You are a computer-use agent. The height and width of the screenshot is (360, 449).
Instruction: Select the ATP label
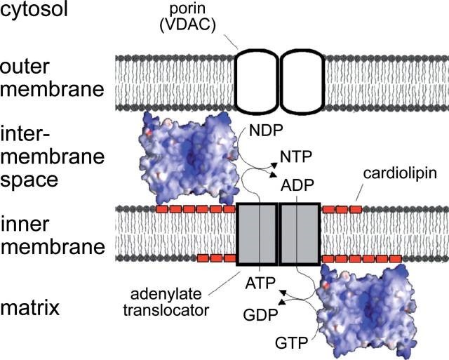point(260,285)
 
